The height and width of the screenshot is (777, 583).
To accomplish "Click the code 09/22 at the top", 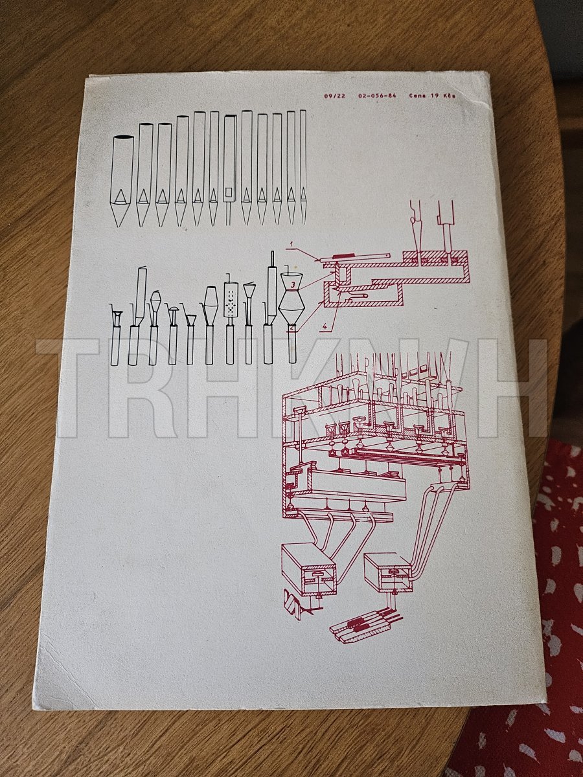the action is point(334,96).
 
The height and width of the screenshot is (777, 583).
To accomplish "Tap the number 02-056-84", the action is point(378,96).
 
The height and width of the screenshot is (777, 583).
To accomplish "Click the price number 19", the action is point(434,96).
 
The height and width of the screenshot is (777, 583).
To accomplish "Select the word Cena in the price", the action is point(417,96).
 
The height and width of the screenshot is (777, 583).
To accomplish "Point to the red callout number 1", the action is point(291,243).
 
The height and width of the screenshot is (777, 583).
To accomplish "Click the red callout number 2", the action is point(291,328).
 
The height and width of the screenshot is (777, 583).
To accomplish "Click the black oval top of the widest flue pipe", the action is point(122,137).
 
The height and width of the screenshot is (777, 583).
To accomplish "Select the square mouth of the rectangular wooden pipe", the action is point(228,192).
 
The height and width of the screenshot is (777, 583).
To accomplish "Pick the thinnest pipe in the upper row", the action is point(303,167).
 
